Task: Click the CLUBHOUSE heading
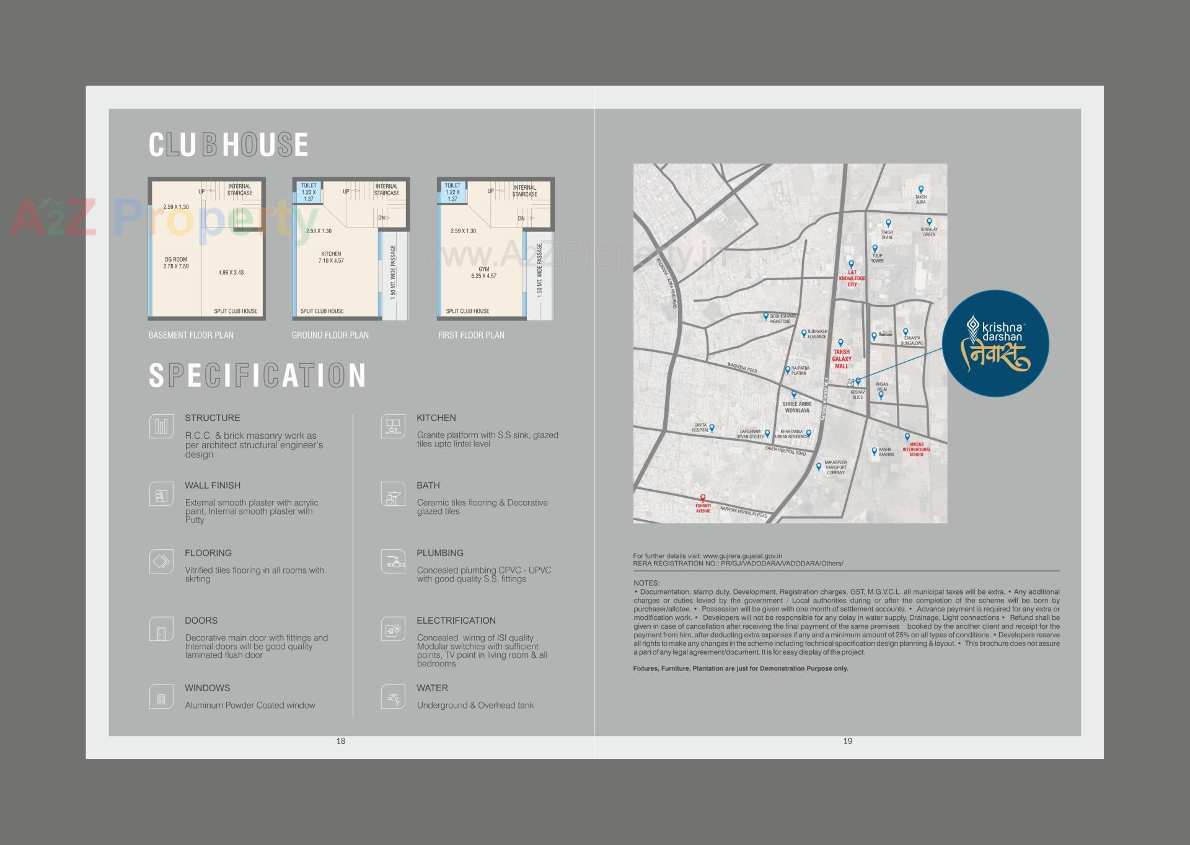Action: click(228, 145)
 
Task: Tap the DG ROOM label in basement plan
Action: click(176, 263)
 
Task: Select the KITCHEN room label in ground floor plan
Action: click(331, 257)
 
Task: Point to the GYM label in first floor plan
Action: click(483, 273)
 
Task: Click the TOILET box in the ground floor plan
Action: click(309, 192)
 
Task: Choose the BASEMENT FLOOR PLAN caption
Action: click(191, 335)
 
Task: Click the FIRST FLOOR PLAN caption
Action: click(471, 335)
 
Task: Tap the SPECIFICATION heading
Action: click(257, 376)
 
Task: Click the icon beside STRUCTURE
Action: click(161, 427)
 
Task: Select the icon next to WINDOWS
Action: click(161, 697)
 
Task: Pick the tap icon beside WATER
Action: click(393, 697)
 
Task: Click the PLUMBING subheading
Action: click(440, 553)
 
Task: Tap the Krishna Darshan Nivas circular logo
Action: click(995, 344)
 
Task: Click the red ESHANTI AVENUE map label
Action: click(703, 508)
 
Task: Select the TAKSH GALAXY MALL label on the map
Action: click(842, 359)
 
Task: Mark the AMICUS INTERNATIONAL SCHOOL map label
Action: click(916, 449)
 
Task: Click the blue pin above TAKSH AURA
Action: click(921, 190)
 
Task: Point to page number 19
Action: click(848, 741)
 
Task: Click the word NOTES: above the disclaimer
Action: click(646, 583)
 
